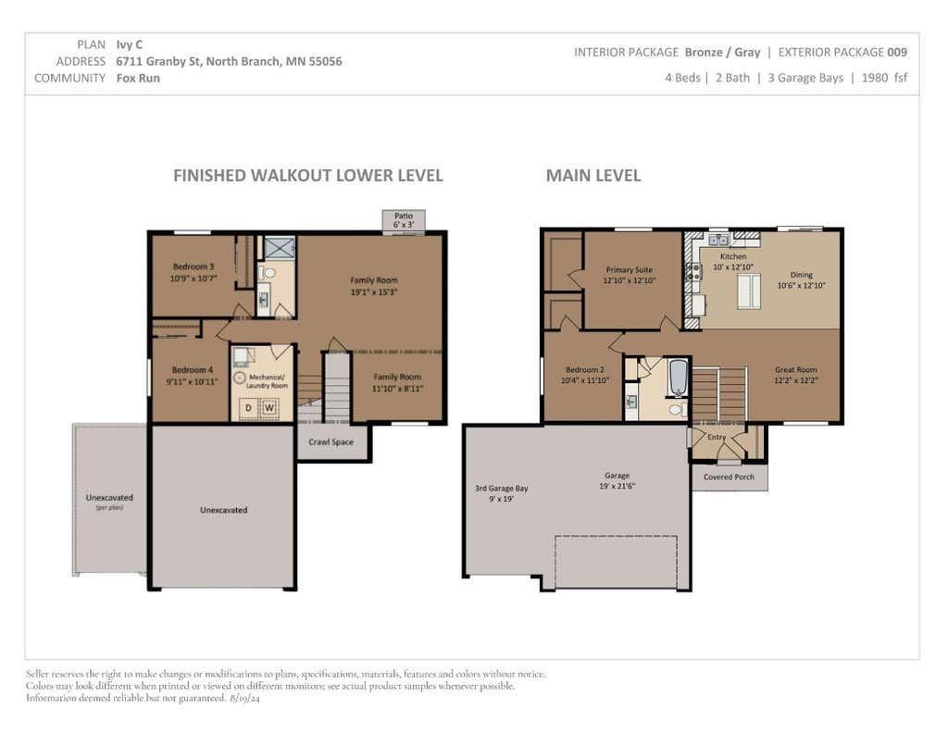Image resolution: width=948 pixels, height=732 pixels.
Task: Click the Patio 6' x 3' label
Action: [x=404, y=220]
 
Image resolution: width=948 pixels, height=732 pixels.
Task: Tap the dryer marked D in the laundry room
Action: [x=248, y=408]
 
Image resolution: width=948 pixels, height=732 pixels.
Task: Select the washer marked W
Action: [x=269, y=408]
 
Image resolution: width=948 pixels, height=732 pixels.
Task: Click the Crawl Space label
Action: [x=331, y=441]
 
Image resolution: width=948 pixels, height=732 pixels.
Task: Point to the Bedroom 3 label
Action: [x=193, y=267]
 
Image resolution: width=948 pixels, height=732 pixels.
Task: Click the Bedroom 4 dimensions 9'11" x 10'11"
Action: [x=193, y=381]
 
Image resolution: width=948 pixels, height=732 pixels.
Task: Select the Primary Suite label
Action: [x=630, y=269]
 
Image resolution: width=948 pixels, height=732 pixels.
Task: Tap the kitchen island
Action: [x=748, y=292]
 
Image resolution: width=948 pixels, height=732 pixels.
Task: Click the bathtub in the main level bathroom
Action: [x=679, y=378]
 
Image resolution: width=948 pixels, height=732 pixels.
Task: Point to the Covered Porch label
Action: [x=730, y=477]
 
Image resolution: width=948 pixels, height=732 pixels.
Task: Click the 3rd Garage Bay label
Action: [x=501, y=488]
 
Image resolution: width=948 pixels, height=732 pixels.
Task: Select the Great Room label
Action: [x=795, y=369]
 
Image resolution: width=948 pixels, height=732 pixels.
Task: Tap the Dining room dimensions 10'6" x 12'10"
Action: [x=801, y=285]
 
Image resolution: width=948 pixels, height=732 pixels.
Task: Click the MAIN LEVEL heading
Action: [x=593, y=175]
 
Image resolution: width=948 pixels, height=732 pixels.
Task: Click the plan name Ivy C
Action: [x=130, y=44]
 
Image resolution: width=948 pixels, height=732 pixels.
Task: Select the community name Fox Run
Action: [x=138, y=78]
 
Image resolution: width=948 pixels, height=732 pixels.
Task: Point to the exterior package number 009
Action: [x=897, y=53]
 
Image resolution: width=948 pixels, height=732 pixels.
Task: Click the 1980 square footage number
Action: [x=875, y=78]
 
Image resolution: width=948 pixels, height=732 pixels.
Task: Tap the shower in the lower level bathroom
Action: [x=280, y=247]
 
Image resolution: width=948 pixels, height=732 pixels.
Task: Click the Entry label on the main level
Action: [x=717, y=437]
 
